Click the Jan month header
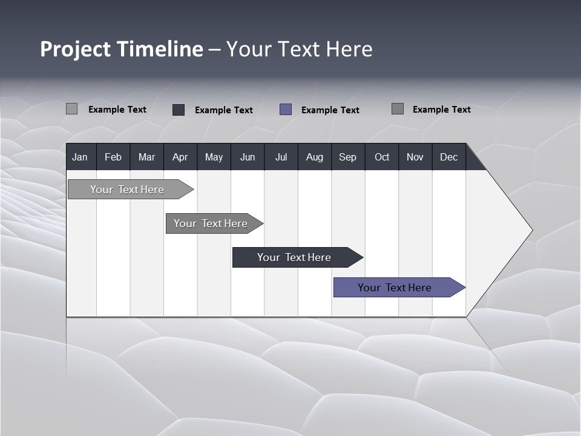click(x=80, y=157)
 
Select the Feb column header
click(x=113, y=157)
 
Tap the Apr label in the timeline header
click(x=180, y=157)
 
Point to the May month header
click(x=214, y=157)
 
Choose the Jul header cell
click(x=281, y=157)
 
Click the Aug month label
click(x=314, y=157)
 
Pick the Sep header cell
click(x=347, y=157)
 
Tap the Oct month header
click(x=382, y=157)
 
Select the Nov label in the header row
click(x=415, y=157)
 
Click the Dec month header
click(x=448, y=157)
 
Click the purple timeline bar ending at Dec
click(x=395, y=288)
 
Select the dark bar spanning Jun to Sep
click(x=294, y=257)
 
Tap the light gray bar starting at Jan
click(x=127, y=190)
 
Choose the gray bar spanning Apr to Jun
click(x=211, y=223)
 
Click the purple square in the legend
click(x=286, y=110)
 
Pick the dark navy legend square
click(x=179, y=110)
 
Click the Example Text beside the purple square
click(x=330, y=110)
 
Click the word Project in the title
click(x=75, y=49)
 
